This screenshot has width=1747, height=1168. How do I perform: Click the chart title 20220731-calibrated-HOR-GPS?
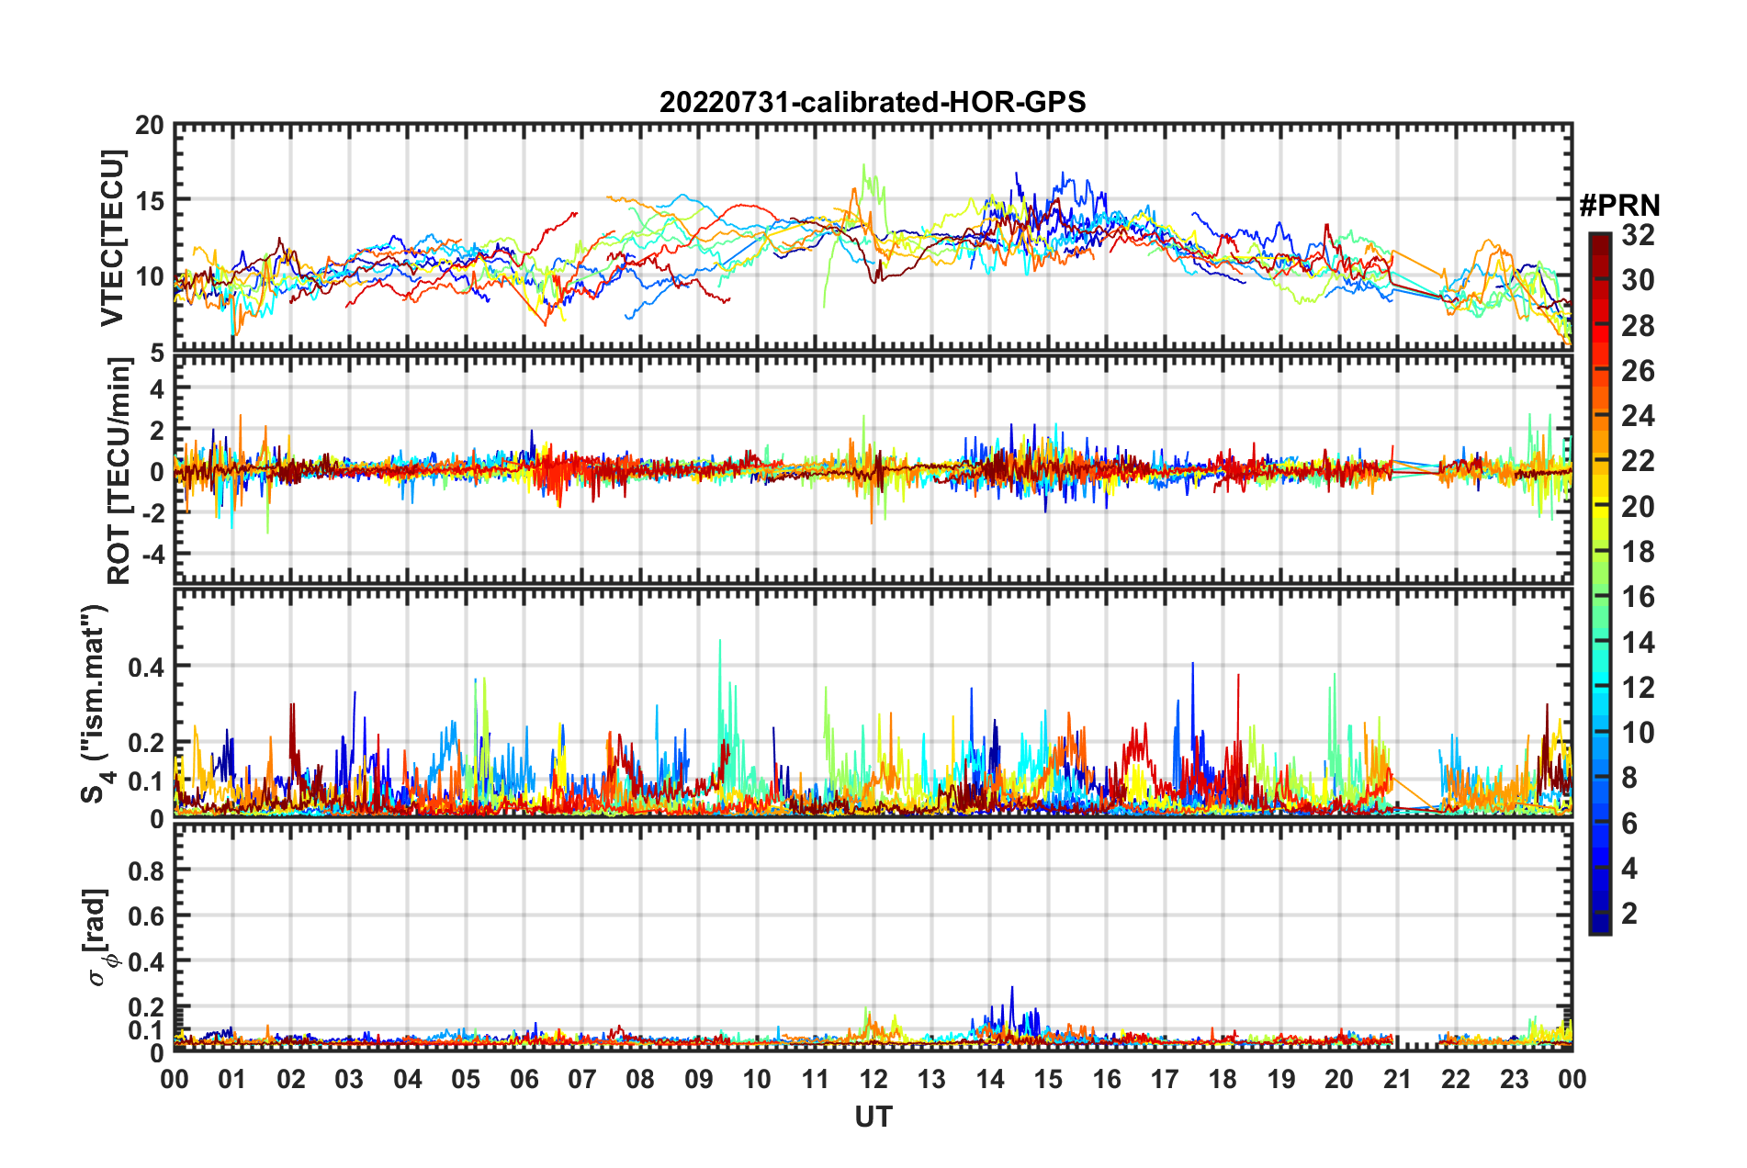[x=873, y=102]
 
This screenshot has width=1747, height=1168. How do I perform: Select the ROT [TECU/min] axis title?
[x=118, y=471]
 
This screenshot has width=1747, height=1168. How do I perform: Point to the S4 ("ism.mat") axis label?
[x=95, y=703]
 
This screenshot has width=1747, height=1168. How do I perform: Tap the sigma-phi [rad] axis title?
[x=99, y=937]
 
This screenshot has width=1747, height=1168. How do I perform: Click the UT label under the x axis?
[x=873, y=1117]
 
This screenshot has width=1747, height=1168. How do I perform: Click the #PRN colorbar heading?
[x=1619, y=206]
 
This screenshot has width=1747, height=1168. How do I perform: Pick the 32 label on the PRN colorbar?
[x=1638, y=235]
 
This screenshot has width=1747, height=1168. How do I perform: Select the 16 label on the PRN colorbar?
[x=1638, y=597]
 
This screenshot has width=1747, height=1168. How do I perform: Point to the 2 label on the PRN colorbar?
[x=1629, y=913]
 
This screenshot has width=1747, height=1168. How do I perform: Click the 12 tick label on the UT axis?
[x=873, y=1079]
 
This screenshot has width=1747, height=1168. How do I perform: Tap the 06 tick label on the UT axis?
[x=524, y=1079]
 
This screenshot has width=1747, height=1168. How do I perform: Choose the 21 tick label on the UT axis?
[x=1397, y=1079]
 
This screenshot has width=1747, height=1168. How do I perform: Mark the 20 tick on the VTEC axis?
[x=150, y=125]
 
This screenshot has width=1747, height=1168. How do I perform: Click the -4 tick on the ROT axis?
[x=152, y=555]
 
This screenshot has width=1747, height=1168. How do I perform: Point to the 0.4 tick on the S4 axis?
[x=146, y=667]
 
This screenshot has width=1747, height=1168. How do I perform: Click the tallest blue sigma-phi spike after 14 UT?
[x=1012, y=988]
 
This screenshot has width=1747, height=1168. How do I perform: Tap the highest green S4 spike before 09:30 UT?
[x=719, y=641]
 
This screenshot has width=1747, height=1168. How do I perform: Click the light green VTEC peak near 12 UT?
[x=863, y=165]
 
